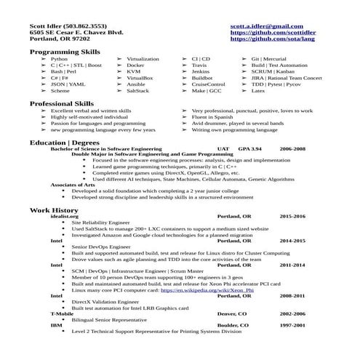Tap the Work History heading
48,209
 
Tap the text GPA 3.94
250,148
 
